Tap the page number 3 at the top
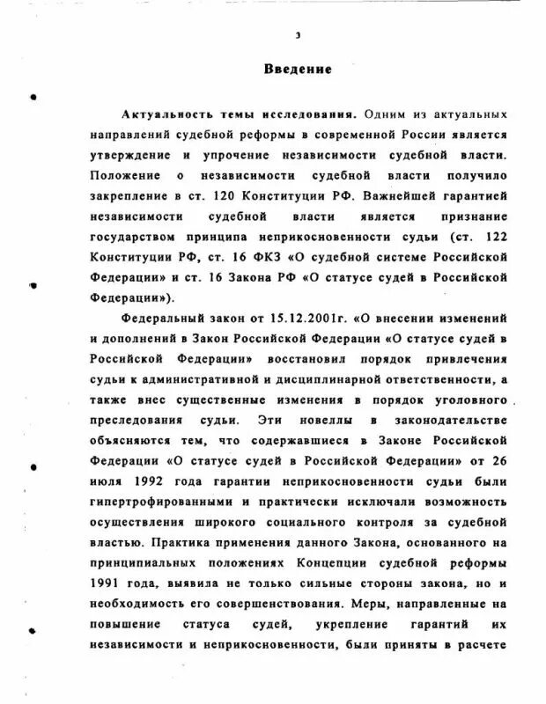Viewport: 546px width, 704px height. tap(298, 35)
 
